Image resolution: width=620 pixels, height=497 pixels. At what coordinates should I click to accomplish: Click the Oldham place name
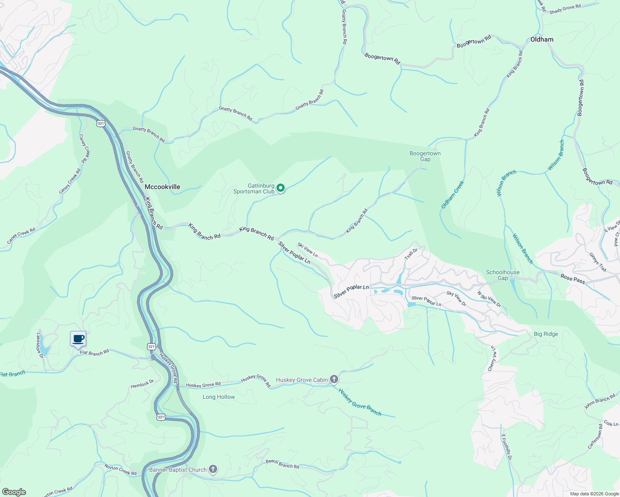tap(542, 39)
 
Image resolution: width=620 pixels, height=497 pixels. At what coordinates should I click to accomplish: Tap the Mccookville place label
tap(162, 187)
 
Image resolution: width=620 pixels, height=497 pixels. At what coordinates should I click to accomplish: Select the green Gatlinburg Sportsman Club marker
tap(281, 188)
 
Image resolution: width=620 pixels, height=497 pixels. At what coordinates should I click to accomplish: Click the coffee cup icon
tap(78, 339)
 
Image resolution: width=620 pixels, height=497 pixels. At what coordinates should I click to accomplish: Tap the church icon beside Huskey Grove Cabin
tap(334, 379)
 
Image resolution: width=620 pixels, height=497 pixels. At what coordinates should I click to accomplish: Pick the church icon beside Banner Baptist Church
tap(213, 469)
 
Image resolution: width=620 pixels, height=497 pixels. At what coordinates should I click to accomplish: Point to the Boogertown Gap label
tap(425, 156)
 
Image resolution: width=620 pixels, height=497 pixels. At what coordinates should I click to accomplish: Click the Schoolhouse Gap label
tap(503, 275)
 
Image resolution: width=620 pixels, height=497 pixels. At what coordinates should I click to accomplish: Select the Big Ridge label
tap(546, 334)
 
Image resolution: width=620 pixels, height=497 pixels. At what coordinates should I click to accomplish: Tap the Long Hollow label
tap(218, 397)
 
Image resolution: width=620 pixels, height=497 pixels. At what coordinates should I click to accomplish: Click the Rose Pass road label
tap(573, 279)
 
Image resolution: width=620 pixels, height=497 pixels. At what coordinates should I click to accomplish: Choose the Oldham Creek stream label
tap(453, 194)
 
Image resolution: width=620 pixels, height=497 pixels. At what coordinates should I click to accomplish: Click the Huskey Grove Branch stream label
tap(360, 402)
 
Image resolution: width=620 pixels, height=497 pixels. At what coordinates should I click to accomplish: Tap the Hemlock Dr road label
tap(142, 384)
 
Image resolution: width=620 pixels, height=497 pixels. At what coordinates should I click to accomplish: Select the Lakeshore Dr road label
tap(40, 345)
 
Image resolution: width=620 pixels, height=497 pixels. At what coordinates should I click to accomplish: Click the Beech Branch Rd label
tap(282, 464)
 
